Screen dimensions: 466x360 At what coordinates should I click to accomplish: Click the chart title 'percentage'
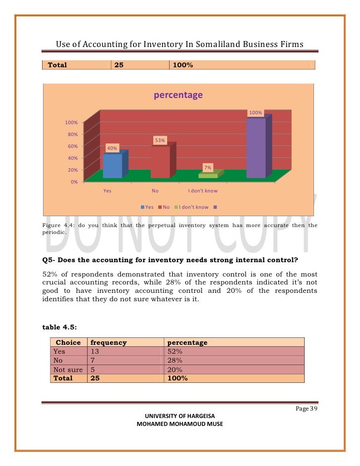(x=178, y=95)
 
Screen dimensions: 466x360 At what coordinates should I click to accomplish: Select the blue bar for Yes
(x=112, y=166)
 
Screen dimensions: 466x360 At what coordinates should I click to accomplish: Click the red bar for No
(x=160, y=162)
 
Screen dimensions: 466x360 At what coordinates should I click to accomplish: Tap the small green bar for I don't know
(x=208, y=175)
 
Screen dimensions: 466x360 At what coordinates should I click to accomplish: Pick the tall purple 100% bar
(x=256, y=148)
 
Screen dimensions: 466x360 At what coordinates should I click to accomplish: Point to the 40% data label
(x=112, y=148)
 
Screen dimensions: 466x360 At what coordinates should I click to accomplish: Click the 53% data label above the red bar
(x=160, y=140)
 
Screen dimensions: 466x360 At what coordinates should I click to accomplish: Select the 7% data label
(x=208, y=168)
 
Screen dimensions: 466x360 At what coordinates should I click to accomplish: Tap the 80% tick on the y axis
(x=72, y=134)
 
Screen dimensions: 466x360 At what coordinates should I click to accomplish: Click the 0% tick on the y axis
(x=74, y=182)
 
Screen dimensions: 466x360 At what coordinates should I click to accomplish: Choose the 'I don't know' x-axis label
(x=203, y=190)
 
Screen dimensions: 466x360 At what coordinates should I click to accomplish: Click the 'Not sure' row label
(x=66, y=370)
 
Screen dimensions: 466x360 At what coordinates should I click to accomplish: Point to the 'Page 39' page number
(x=305, y=409)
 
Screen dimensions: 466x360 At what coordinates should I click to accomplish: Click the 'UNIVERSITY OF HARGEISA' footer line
(x=180, y=416)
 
